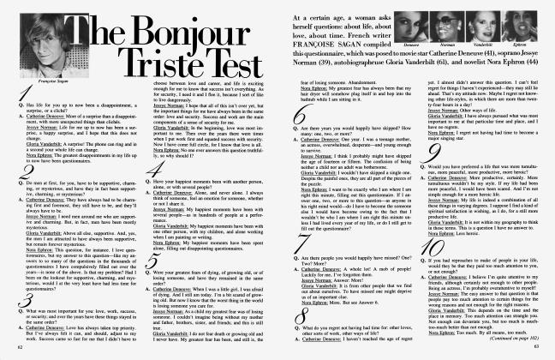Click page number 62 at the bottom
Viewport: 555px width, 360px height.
click(18, 350)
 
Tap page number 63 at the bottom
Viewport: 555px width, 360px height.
click(537, 350)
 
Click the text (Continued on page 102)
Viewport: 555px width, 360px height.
click(516, 339)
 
